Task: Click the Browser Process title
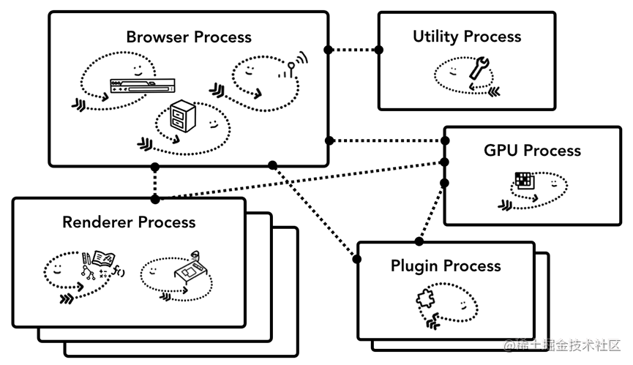(x=188, y=37)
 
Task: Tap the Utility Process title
(x=467, y=36)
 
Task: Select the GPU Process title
(x=532, y=151)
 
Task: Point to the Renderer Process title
(x=129, y=222)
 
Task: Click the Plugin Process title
(x=446, y=266)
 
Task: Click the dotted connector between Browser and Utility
(x=353, y=50)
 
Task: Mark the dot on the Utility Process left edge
(x=379, y=50)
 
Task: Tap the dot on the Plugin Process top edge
(x=419, y=241)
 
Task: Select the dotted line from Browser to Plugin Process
(x=315, y=211)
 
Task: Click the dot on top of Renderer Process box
(x=154, y=198)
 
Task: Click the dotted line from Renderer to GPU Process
(x=300, y=179)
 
